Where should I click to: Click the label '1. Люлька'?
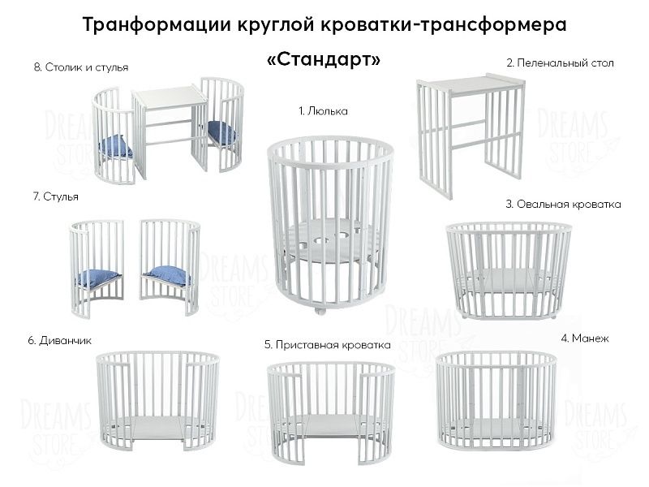(323, 110)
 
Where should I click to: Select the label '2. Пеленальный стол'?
(560, 62)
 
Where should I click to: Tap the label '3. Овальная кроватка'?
(563, 205)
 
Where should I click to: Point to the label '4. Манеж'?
(583, 337)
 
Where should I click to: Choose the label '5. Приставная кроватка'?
(327, 345)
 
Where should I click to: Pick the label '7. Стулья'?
(56, 196)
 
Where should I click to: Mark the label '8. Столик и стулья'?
(81, 67)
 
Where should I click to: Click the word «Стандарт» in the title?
(323, 62)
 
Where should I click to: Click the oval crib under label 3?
(509, 268)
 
